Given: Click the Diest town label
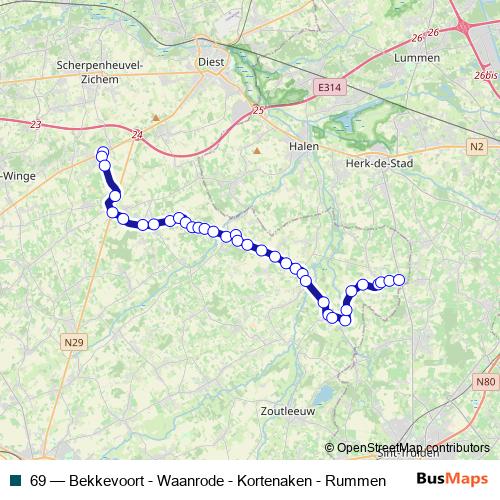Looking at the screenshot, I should click(x=211, y=59).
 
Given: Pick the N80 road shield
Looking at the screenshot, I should click(x=484, y=382).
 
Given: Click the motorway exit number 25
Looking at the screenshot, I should click(x=258, y=110).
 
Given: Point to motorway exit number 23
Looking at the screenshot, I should click(x=37, y=125).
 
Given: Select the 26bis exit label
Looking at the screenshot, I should click(x=486, y=75).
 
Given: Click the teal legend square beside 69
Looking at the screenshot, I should click(x=15, y=480).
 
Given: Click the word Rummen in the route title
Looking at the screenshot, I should click(x=357, y=480).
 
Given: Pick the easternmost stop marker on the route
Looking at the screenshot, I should click(x=399, y=280).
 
